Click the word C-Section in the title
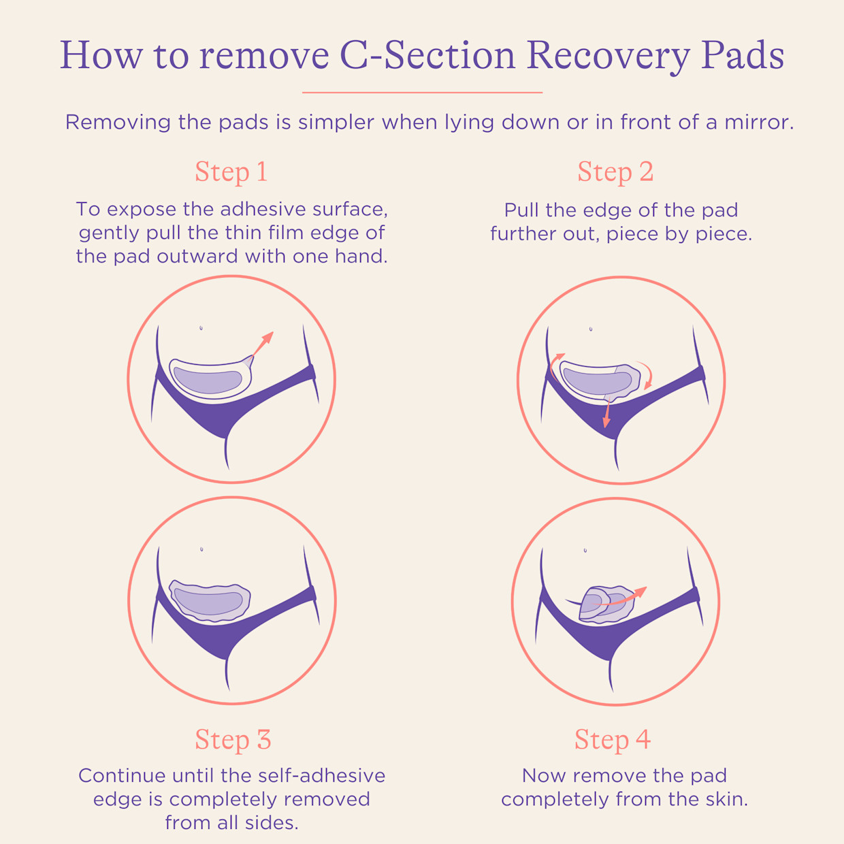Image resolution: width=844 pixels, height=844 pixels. [x=427, y=56]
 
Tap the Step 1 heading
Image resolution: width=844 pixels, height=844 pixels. [x=231, y=172]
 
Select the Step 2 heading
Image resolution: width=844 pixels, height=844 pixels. [x=615, y=172]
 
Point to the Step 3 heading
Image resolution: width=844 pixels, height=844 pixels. [x=233, y=740]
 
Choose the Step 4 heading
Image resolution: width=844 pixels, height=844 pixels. [x=613, y=740]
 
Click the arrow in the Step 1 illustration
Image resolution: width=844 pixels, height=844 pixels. [x=262, y=343]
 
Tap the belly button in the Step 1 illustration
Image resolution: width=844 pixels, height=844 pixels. [x=201, y=328]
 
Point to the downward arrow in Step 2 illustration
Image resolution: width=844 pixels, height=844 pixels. [x=606, y=415]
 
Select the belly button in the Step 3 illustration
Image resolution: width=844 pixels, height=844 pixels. [x=202, y=549]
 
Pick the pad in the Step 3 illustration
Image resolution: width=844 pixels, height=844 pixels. [x=210, y=600]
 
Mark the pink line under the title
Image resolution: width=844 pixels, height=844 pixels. [x=422, y=92]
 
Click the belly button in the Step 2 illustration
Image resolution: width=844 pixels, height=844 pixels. [x=590, y=329]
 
